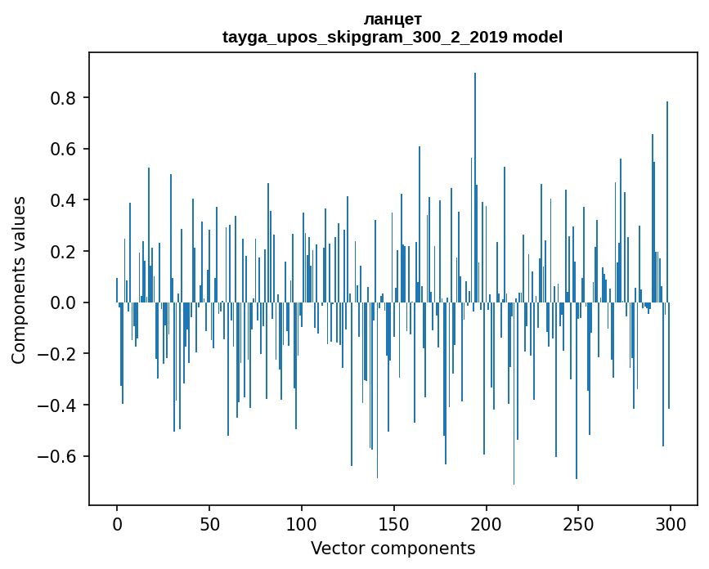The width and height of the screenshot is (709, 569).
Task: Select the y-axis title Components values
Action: pos(19,280)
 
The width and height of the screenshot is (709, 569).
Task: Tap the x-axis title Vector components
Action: pos(393,548)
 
